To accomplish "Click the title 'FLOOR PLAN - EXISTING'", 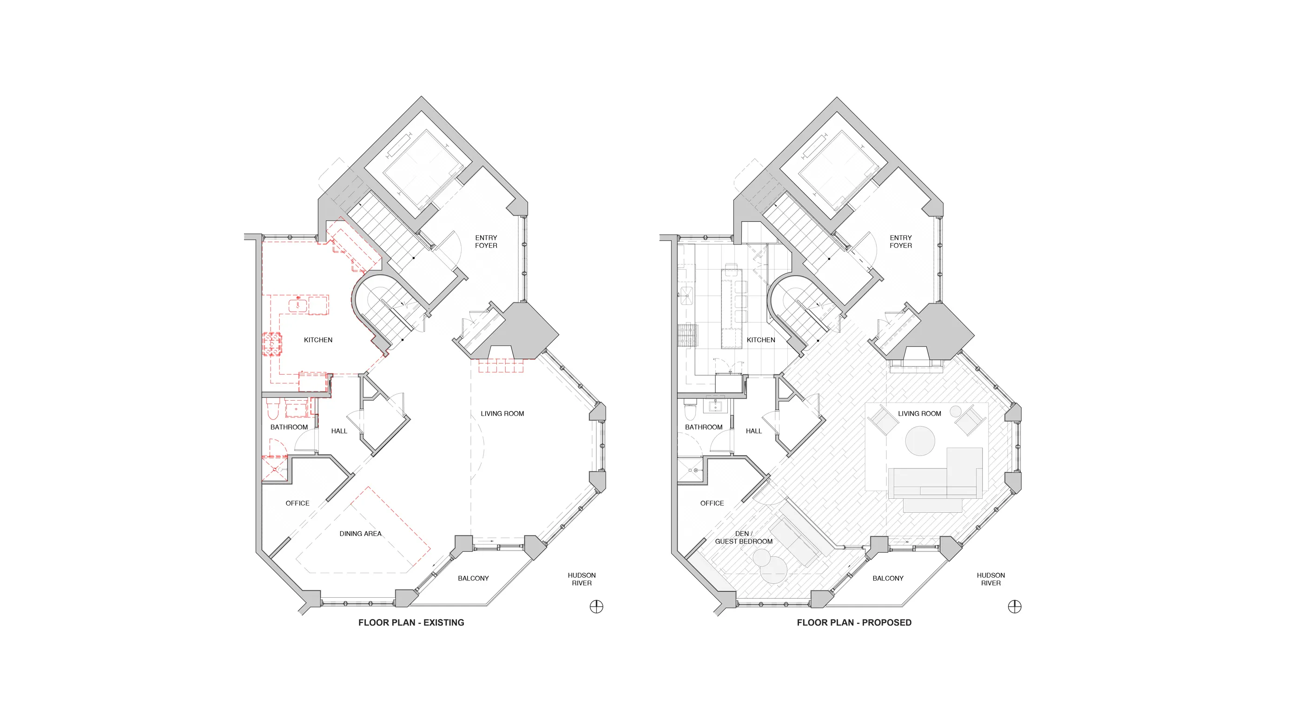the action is [x=411, y=622].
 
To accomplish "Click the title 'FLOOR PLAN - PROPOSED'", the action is [x=854, y=622].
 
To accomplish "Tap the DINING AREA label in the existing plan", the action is [x=360, y=534].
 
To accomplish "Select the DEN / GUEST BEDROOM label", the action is [x=744, y=538].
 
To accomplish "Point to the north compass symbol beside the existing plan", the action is [x=596, y=607].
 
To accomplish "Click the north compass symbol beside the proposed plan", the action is [x=1015, y=607].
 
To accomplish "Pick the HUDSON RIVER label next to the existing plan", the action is [x=582, y=579].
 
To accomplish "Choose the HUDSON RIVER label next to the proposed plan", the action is [x=990, y=579].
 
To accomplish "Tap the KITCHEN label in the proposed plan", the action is [x=760, y=340].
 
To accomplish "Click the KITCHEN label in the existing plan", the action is [x=318, y=340].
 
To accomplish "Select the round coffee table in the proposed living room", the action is [x=920, y=441].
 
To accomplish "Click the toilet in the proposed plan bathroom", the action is [x=690, y=410].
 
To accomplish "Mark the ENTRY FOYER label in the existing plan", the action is [x=486, y=242].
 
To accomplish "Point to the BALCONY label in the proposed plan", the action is [x=888, y=578].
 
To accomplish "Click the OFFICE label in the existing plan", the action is [x=297, y=503].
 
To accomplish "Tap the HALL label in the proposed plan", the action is [x=753, y=431].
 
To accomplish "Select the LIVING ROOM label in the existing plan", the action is [x=502, y=414].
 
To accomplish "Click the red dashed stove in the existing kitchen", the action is [x=272, y=344].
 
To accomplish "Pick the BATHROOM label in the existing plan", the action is [x=289, y=427].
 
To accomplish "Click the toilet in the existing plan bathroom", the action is [x=272, y=410].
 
